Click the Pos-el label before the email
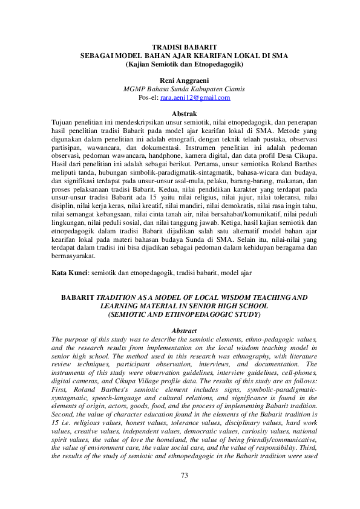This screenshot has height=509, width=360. (148, 97)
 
